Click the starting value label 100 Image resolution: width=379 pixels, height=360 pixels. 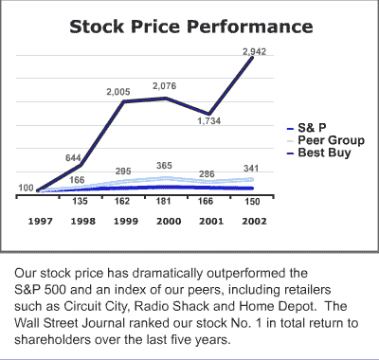(26, 188)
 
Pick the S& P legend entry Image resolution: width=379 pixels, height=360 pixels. (312, 126)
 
